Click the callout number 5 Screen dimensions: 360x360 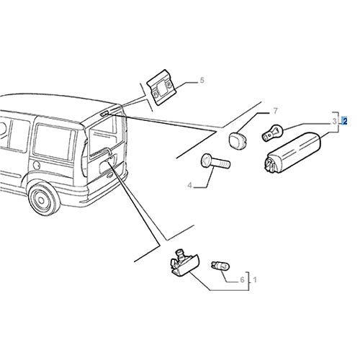click(202, 80)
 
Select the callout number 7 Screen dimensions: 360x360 click(275, 111)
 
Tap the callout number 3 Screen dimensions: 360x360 click(335, 122)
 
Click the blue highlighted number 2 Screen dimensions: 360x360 click(345, 121)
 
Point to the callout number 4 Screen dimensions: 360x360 click(190, 185)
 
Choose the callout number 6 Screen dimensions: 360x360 click(242, 279)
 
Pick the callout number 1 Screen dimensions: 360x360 click(255, 279)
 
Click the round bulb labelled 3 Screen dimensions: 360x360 click(273, 133)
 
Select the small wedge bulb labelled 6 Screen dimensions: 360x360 click(220, 266)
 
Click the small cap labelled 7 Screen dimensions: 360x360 click(237, 139)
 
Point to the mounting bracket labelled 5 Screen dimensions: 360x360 click(161, 87)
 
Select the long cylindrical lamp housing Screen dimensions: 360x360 click(293, 152)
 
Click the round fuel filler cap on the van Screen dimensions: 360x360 click(36, 166)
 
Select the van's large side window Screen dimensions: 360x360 click(55, 142)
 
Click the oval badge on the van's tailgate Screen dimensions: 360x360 click(109, 176)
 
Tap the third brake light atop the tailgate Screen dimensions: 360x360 click(104, 114)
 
